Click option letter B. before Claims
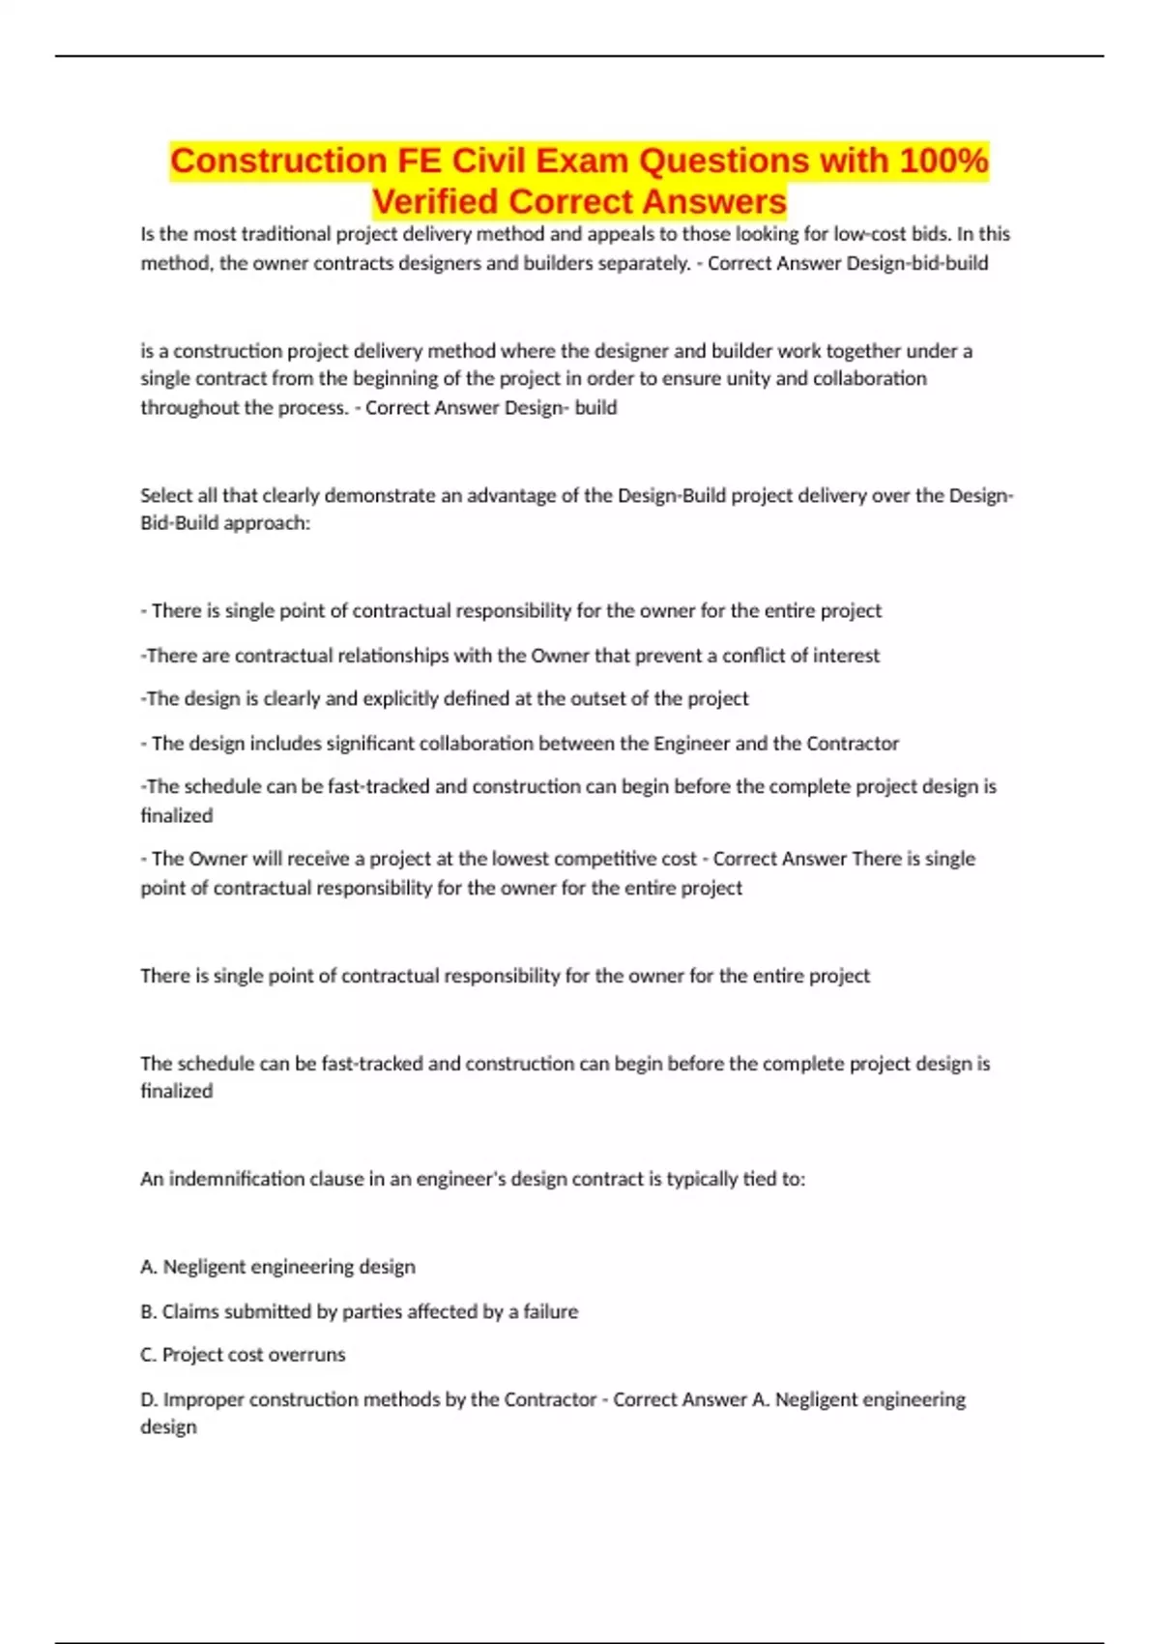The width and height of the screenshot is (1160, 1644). pyautogui.click(x=149, y=1311)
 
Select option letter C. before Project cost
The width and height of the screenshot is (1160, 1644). pyautogui.click(x=149, y=1355)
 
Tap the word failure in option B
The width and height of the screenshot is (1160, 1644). pyautogui.click(x=550, y=1311)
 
